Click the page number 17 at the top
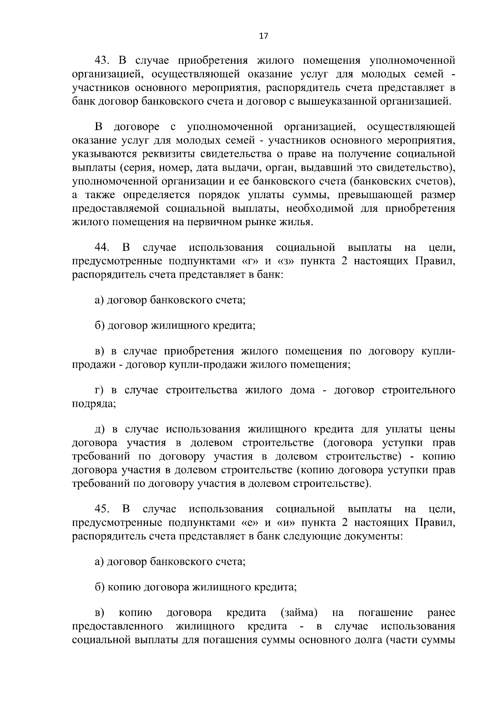[264, 36]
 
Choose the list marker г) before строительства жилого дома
[99, 390]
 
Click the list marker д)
[99, 430]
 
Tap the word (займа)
[298, 613]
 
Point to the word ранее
[441, 613]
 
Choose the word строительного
[419, 390]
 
